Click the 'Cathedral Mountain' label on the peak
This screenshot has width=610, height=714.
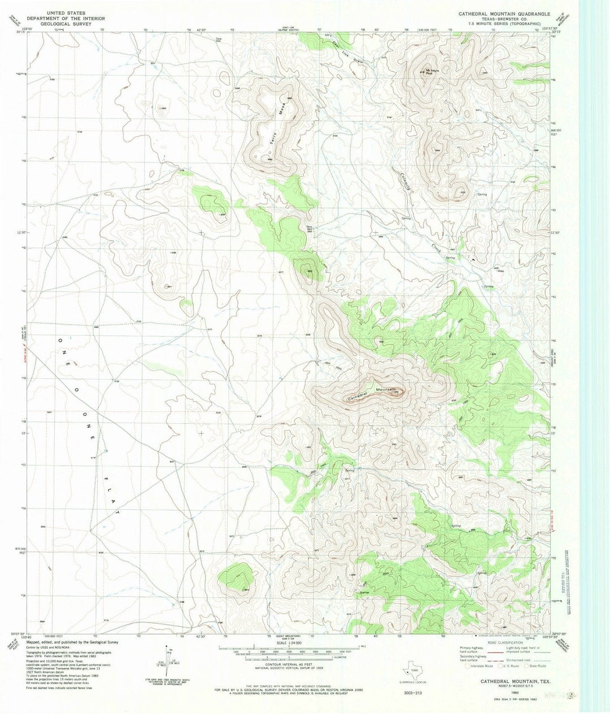(x=373, y=393)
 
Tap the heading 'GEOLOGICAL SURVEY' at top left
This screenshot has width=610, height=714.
(x=63, y=25)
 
